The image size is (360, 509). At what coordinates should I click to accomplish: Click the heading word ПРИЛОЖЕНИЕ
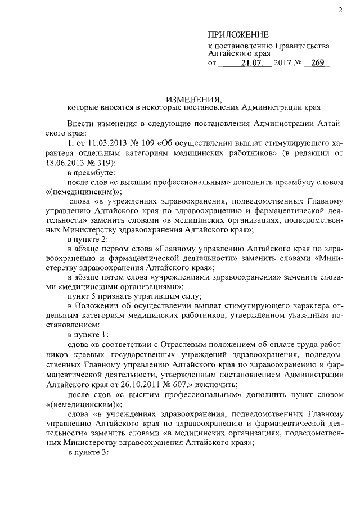[238, 34]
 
